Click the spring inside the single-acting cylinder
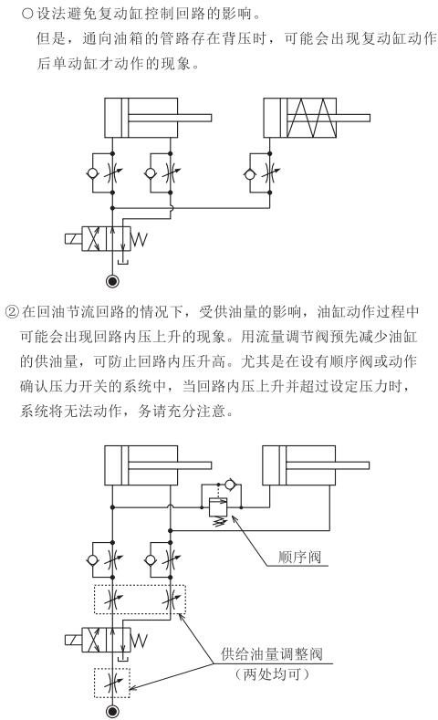pyautogui.click(x=311, y=118)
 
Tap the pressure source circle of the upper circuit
pyautogui.click(x=112, y=280)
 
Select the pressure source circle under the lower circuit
pyautogui.click(x=112, y=712)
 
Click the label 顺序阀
pyautogui.click(x=299, y=557)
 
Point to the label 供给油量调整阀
pyautogui.click(x=272, y=653)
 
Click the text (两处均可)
pyautogui.click(x=272, y=674)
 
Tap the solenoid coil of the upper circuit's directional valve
pyautogui.click(x=74, y=239)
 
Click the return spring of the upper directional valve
pyautogui.click(x=139, y=239)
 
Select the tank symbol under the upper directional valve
pyautogui.click(x=122, y=262)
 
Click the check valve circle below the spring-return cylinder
pyautogui.click(x=249, y=173)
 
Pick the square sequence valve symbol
pyautogui.click(x=217, y=507)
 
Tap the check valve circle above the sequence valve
pyautogui.click(x=229, y=484)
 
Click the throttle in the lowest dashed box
pyautogui.click(x=112, y=683)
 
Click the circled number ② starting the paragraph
pyautogui.click(x=11, y=312)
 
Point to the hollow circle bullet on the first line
pyautogui.click(x=27, y=14)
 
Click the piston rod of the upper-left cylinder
pyautogui.click(x=170, y=118)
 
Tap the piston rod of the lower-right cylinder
pyautogui.click(x=328, y=465)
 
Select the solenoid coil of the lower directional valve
pyautogui.click(x=74, y=640)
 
